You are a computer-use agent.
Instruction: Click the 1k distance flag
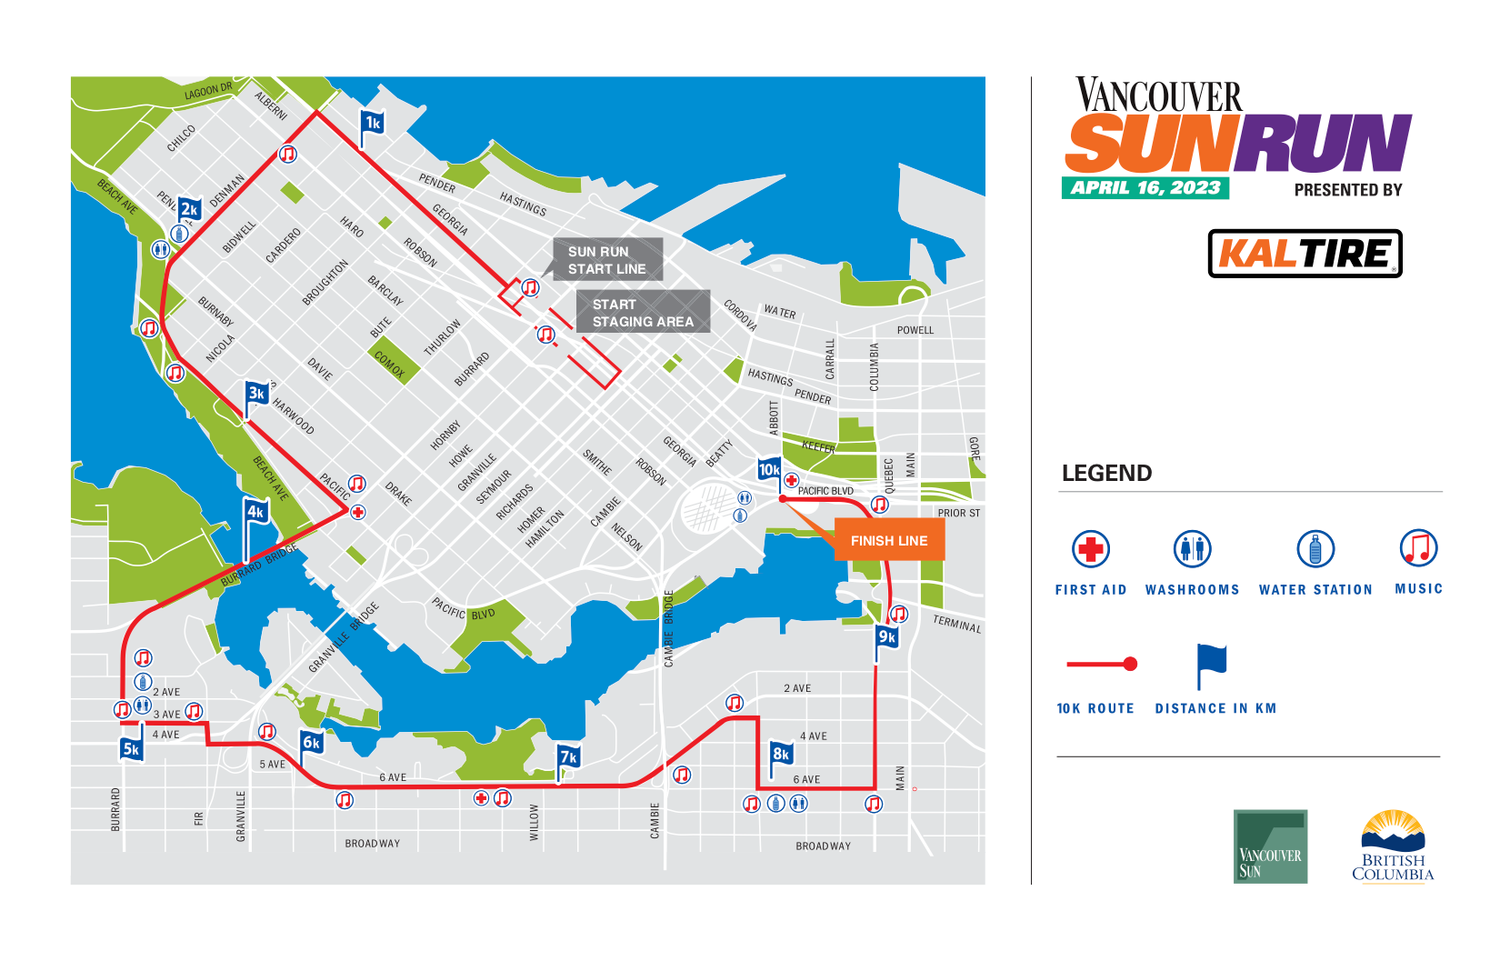[x=373, y=124]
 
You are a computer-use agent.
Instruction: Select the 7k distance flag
[x=568, y=757]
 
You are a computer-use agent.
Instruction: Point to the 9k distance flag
[x=886, y=637]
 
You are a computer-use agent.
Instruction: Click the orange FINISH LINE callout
[x=889, y=541]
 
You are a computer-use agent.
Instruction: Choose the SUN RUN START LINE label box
[x=607, y=260]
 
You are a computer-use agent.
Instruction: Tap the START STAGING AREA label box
[x=643, y=313]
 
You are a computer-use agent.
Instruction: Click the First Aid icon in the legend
[x=1091, y=549]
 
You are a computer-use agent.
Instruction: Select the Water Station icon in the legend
[x=1315, y=549]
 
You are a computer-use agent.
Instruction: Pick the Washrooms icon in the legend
[x=1192, y=549]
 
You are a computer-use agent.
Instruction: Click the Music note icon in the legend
[x=1418, y=548]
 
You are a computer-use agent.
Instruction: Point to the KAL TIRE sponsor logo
[x=1305, y=254]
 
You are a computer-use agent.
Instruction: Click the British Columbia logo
[x=1393, y=846]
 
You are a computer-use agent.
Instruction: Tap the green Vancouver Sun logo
[x=1270, y=846]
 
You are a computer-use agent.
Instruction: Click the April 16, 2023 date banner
[x=1145, y=188]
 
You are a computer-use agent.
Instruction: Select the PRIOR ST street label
[x=959, y=514]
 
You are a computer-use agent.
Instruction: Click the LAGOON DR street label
[x=208, y=91]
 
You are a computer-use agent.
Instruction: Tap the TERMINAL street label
[x=957, y=624]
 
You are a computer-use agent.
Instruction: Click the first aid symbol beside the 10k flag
[x=791, y=480]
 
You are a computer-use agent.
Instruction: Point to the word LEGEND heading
[x=1106, y=474]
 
